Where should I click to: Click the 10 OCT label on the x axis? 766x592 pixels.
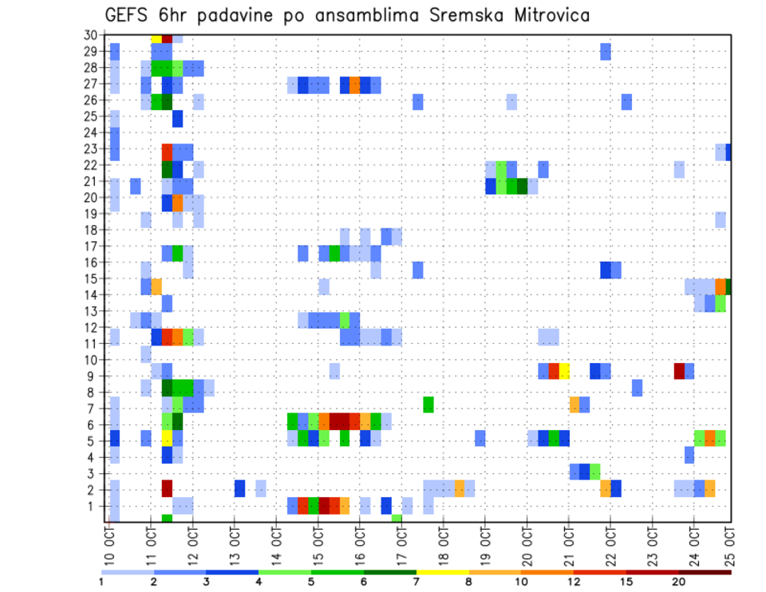[110, 545]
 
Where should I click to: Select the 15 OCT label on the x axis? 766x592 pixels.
[318, 545]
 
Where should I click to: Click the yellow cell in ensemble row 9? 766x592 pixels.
[564, 371]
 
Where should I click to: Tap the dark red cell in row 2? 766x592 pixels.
[167, 487]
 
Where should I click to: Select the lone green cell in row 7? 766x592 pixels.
[428, 405]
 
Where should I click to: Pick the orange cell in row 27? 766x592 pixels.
[354, 85]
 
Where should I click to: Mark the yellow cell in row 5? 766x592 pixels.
[167, 438]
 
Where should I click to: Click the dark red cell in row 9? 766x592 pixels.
[679, 371]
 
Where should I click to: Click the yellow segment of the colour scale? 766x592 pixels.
[442, 572]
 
